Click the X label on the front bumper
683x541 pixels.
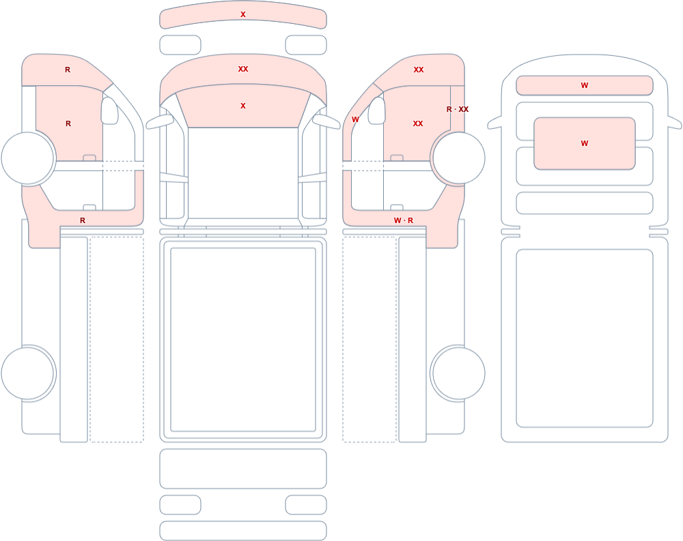tap(243, 14)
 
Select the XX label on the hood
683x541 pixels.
tap(243, 69)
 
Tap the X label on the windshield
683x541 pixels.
tap(243, 106)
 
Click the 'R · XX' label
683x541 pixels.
tap(458, 109)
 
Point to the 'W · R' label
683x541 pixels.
tap(404, 220)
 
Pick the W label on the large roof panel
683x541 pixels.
tap(585, 143)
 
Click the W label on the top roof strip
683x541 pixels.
tap(585, 85)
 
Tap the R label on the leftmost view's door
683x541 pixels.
tap(68, 123)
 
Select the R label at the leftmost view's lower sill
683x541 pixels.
tap(83, 220)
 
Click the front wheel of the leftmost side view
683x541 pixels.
tap(28, 158)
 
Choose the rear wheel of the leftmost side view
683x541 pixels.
tap(28, 373)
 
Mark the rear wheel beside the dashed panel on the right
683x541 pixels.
tap(458, 373)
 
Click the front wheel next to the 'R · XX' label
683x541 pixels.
tap(458, 158)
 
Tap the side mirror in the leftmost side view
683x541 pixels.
tap(110, 111)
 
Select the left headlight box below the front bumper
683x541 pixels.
tap(180, 45)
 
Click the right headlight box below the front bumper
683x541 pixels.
tap(306, 45)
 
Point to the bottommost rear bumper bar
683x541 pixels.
tap(243, 531)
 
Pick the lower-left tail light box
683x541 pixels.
tap(180, 505)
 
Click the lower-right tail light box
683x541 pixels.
tap(306, 505)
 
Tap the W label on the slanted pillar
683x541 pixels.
tap(355, 119)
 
